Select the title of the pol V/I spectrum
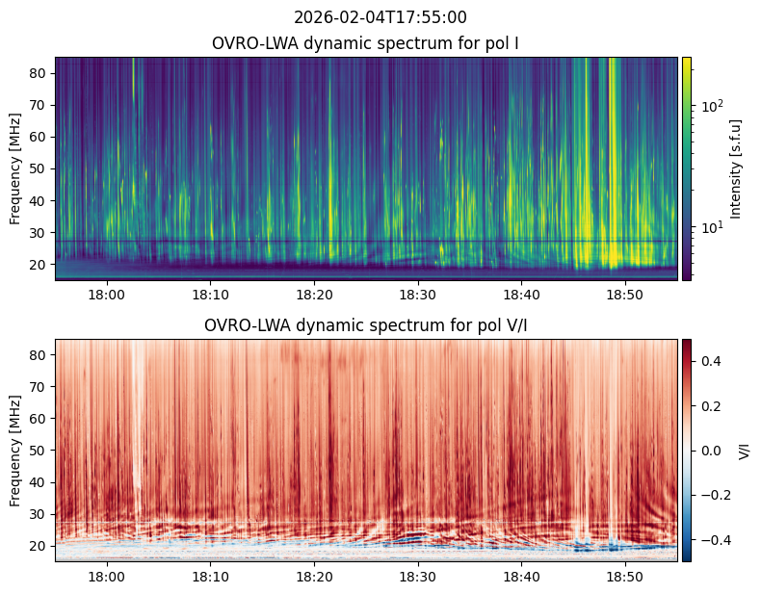point(367,325)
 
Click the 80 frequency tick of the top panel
point(39,73)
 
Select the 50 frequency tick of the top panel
point(39,168)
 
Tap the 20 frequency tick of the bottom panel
point(39,546)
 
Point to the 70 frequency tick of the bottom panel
point(39,387)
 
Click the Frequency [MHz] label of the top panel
point(15,168)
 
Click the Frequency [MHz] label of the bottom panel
point(15,451)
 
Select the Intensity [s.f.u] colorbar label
point(737,168)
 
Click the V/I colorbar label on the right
point(744,451)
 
